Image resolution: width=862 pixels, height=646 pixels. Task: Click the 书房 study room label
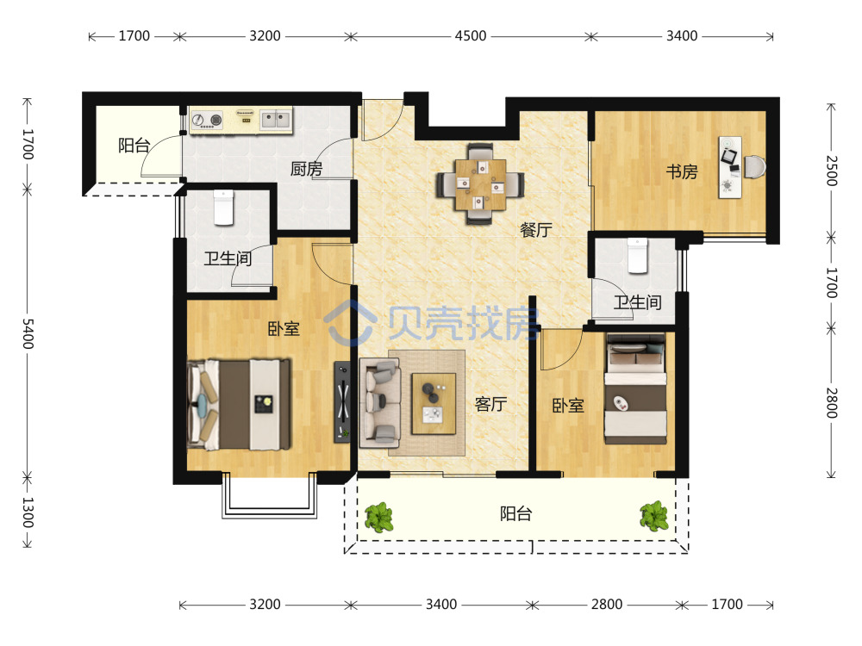pos(682,172)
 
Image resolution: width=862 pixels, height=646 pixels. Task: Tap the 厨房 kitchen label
pos(306,169)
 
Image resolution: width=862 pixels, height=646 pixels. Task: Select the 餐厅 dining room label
pos(536,230)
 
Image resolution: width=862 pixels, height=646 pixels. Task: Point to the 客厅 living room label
pos(491,404)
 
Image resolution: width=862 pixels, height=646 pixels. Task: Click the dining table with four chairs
pos(480,184)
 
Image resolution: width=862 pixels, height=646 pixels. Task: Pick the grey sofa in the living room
pos(379,402)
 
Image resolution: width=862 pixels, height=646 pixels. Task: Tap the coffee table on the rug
pos(434,404)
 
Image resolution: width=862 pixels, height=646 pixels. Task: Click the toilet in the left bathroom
pos(224,208)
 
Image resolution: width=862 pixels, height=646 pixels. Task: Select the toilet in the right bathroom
pos(638,256)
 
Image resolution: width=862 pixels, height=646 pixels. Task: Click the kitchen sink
pos(276,119)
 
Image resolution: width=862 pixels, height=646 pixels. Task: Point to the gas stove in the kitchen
pos(207,120)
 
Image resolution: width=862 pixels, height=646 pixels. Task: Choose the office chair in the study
pos(754,167)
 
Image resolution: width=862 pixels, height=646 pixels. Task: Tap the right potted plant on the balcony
pos(654,516)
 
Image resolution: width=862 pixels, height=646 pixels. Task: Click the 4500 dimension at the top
pos(471,36)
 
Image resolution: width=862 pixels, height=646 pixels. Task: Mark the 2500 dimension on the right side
pos(832,171)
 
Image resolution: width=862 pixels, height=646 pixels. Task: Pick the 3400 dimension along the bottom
pos(441,605)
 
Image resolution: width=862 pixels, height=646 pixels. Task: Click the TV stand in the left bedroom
pos(342,401)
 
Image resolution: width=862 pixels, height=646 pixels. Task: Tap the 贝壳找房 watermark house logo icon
pos(351,324)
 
